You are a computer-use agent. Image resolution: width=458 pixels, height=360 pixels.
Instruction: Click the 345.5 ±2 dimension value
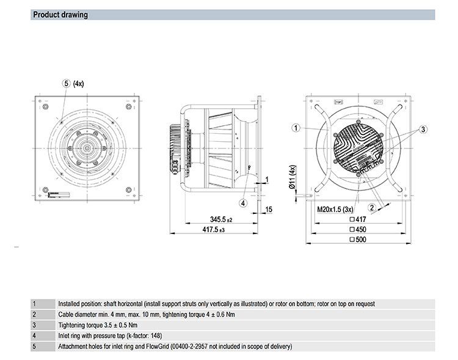(x=220, y=218)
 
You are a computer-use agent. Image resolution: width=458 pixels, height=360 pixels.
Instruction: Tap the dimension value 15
(x=269, y=210)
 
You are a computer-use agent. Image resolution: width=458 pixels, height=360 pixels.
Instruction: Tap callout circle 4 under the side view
(x=243, y=203)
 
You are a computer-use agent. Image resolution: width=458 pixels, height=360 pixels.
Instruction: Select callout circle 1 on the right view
(x=296, y=128)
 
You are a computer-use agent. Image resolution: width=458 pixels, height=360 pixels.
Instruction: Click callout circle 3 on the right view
(x=423, y=128)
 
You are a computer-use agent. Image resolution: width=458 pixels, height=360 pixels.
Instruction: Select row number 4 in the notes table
(x=34, y=336)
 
